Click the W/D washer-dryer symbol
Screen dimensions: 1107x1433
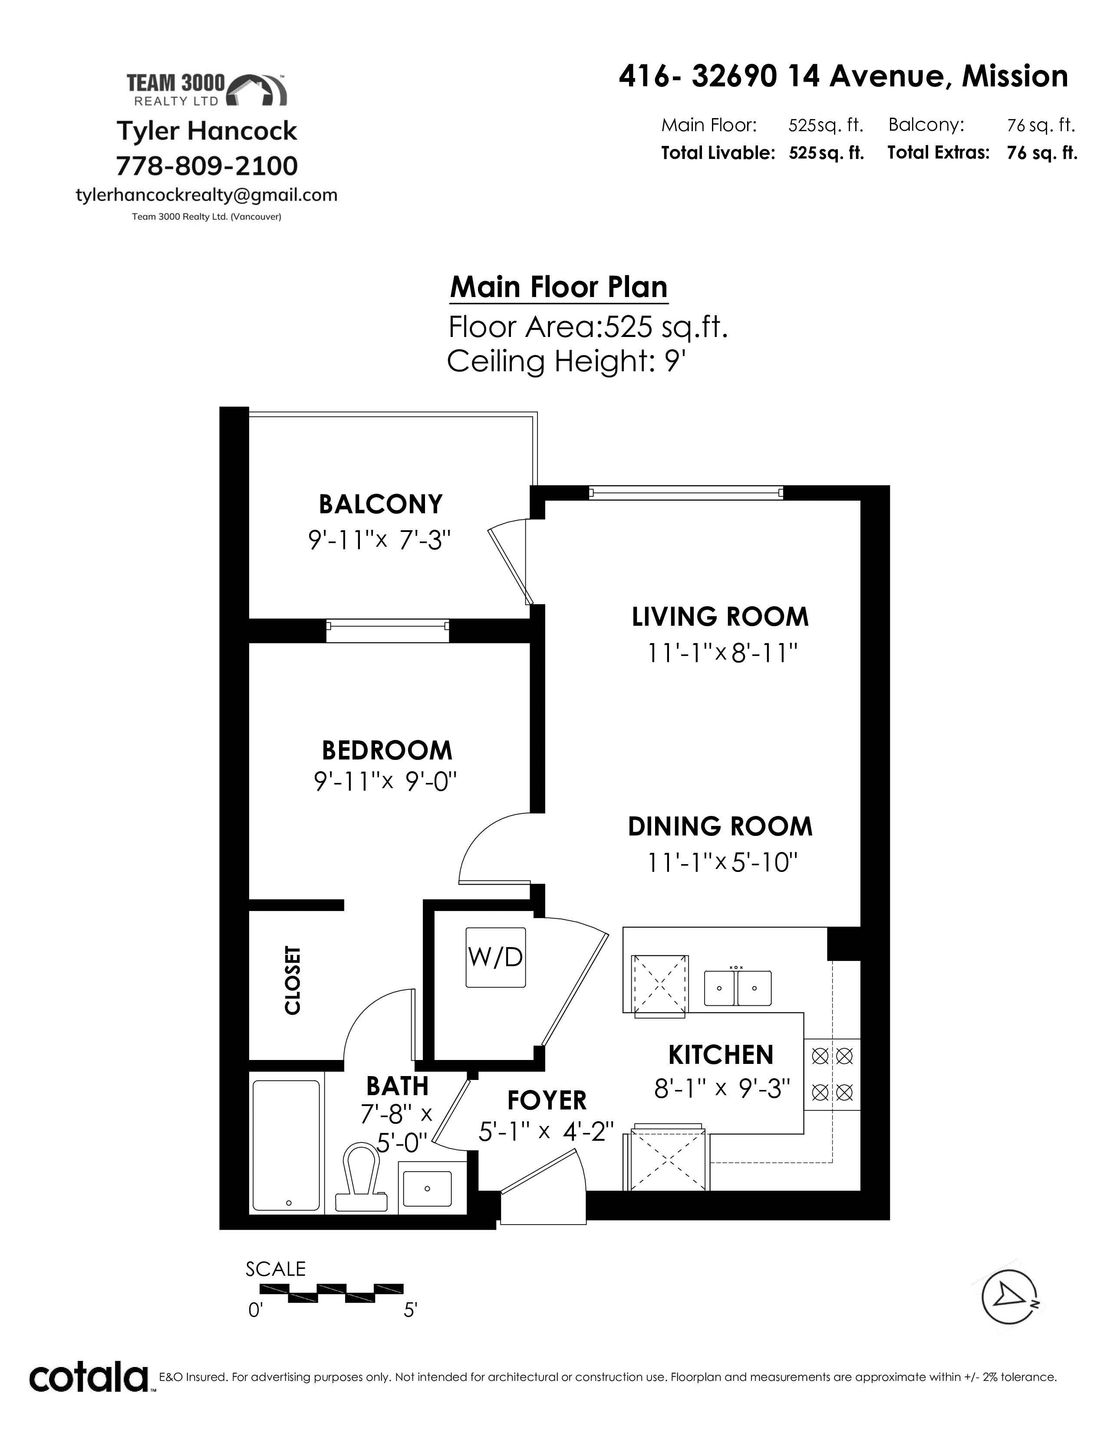[495, 958]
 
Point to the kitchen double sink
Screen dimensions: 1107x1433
[737, 987]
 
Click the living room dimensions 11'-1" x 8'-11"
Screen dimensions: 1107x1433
[722, 654]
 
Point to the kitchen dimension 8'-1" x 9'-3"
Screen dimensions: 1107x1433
[722, 1089]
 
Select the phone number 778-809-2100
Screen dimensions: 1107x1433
[207, 165]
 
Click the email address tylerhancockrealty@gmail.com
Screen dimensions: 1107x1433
[207, 195]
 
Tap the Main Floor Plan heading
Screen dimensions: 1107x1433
[559, 287]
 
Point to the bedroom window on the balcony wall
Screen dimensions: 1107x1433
[388, 631]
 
